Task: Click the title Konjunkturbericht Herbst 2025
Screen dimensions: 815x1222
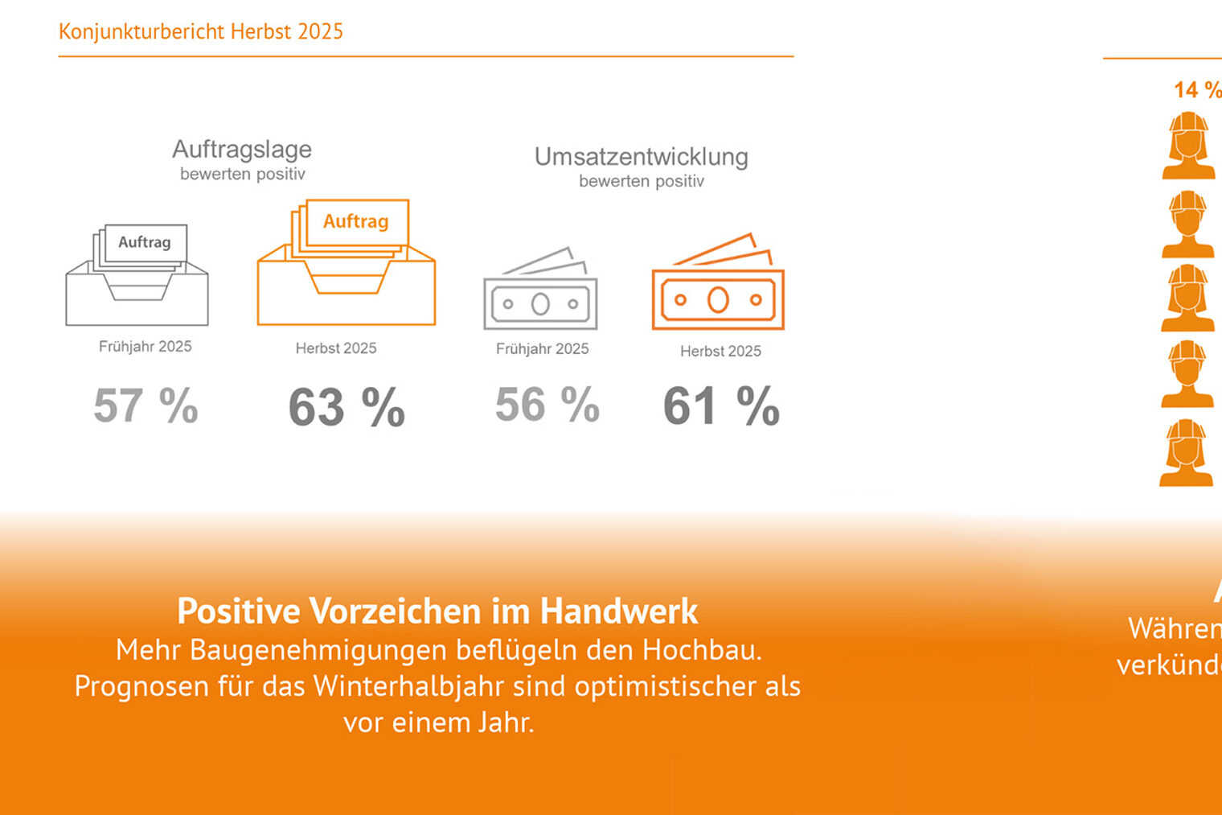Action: coord(200,31)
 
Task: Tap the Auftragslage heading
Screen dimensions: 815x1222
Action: coord(242,149)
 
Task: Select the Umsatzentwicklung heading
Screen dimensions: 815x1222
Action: coord(641,156)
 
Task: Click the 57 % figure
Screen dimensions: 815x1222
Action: coord(146,405)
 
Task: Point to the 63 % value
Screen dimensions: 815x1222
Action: coord(347,407)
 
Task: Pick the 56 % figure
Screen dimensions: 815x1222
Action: coord(547,404)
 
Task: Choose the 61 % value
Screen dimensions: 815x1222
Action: coord(721,405)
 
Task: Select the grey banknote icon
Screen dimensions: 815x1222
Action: coord(540,290)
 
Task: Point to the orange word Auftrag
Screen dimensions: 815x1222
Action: coord(355,221)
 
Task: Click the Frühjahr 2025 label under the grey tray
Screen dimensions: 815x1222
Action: coord(146,347)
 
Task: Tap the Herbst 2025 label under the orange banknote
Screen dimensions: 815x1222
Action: coord(720,352)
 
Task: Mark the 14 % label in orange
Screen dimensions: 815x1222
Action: coord(1196,90)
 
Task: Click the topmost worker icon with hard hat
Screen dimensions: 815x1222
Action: coord(1189,146)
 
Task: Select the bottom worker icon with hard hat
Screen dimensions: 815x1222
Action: coord(1187,453)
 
